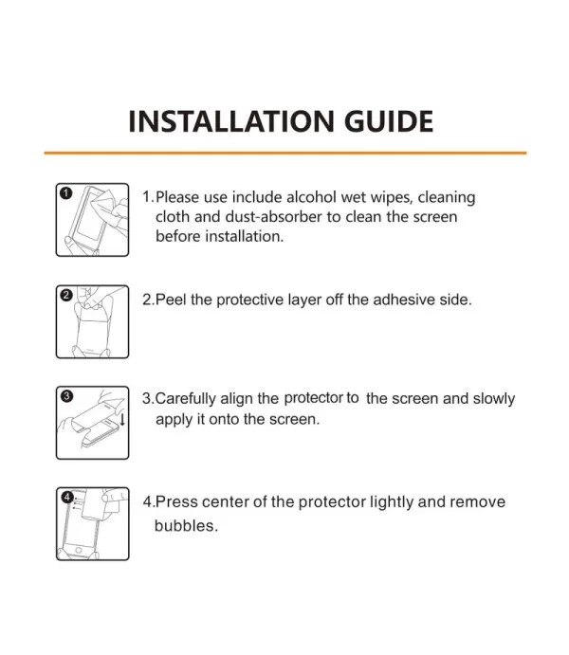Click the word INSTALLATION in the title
[x=231, y=121]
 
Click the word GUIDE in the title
[x=389, y=121]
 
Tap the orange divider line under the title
[x=284, y=153]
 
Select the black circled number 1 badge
[x=66, y=193]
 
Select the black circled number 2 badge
[x=66, y=296]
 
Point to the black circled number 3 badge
[x=66, y=396]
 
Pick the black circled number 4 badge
[x=67, y=497]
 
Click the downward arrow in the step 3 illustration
[x=122, y=419]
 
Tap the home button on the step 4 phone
[x=79, y=551]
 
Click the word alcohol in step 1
[x=311, y=197]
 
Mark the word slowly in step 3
[x=494, y=399]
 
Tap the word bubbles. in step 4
[x=186, y=525]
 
